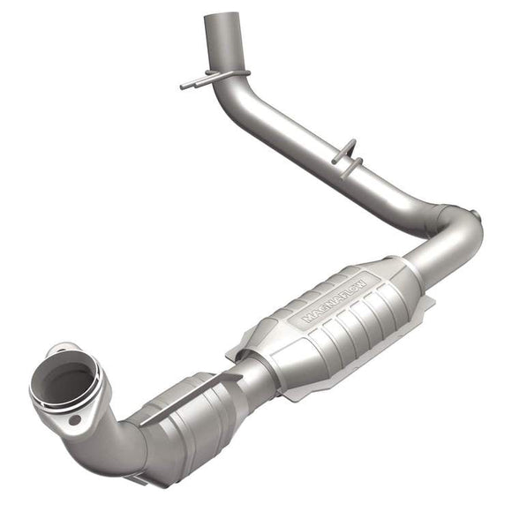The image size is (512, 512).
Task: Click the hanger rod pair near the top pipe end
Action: pos(215,78)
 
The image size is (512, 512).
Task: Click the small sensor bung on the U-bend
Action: pos(474,215)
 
